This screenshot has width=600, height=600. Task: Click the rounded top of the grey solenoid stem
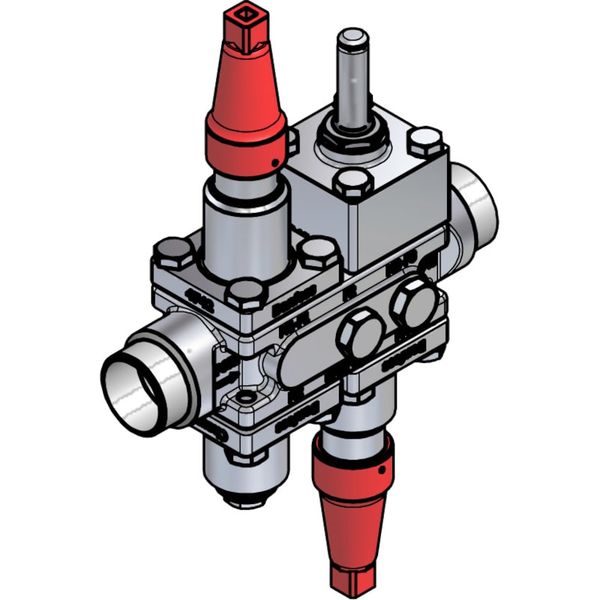click(x=352, y=40)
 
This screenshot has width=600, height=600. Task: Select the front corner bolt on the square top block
click(x=352, y=184)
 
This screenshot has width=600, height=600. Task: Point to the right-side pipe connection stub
click(x=476, y=205)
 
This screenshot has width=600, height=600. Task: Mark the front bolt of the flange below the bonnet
click(x=244, y=294)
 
